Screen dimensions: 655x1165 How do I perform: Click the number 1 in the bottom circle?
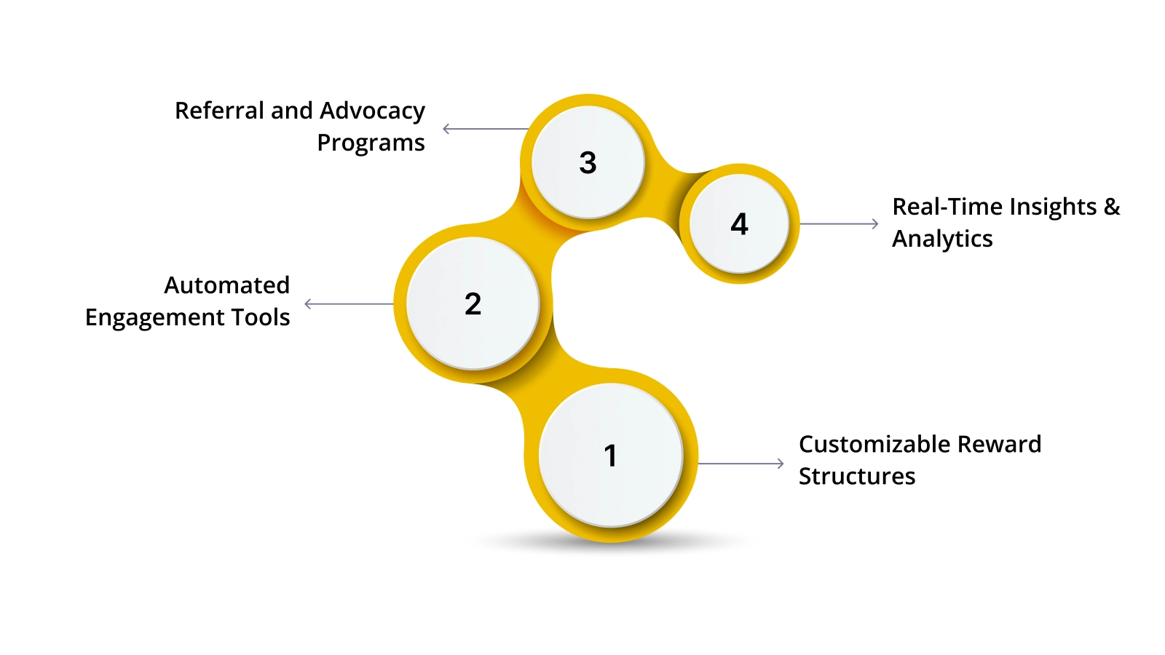tap(610, 456)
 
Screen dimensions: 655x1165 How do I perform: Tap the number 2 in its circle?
tap(473, 303)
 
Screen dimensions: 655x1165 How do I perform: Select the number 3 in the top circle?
tap(588, 162)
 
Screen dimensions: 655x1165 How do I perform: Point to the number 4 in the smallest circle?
tap(739, 224)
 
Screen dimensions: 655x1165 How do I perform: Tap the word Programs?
tap(371, 143)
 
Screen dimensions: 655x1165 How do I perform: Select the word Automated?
tap(226, 285)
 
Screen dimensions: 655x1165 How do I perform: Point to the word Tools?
tap(261, 317)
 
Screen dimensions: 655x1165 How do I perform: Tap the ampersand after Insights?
tap(1112, 207)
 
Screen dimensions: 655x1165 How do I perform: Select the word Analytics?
tap(942, 239)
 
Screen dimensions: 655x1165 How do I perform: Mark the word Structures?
tap(857, 476)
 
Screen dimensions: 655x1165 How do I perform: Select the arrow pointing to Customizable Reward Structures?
tap(741, 463)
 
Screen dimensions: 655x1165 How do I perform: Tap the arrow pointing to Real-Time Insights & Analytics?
tap(839, 224)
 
